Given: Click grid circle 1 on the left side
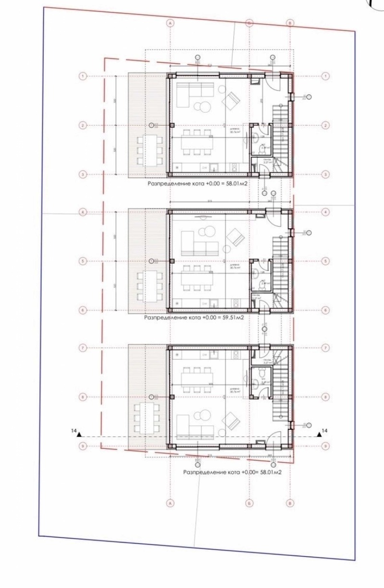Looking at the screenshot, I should (x=84, y=76).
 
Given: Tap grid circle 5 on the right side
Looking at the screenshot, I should (x=326, y=261).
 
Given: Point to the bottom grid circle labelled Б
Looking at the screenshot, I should (x=249, y=503).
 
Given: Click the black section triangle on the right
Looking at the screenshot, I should (x=319, y=434).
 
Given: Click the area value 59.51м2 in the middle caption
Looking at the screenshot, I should (x=229, y=318).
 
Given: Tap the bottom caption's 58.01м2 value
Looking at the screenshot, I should (x=268, y=472).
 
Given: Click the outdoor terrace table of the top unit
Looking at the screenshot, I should (x=149, y=149).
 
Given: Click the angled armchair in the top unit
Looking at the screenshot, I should (x=232, y=101).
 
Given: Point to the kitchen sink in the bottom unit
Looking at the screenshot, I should (x=212, y=355).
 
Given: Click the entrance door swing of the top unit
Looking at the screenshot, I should (x=273, y=86).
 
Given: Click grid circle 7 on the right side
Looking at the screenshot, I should (x=326, y=348).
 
